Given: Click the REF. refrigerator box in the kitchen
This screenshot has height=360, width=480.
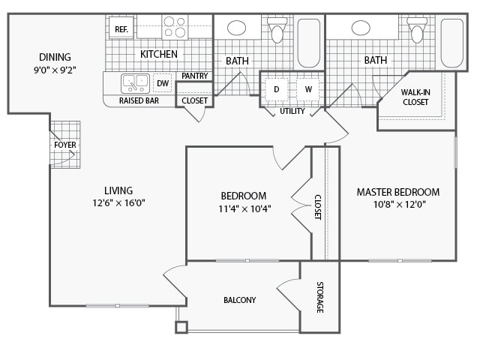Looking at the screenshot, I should pos(121,29).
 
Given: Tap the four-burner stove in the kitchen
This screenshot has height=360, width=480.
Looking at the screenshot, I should pos(175,27).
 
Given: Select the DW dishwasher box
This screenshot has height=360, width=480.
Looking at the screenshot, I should pos(163,83).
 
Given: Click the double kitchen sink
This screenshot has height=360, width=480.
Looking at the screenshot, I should pos(136,82).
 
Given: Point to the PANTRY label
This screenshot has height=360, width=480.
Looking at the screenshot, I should pos(194,76).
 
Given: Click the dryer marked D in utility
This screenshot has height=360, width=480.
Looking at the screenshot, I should pos(276,90).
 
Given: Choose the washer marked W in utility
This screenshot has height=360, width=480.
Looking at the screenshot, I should pos(307,90).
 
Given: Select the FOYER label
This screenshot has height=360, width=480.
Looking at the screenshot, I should pos(64,144).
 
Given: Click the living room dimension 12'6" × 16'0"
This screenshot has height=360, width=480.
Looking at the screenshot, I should pos(118,202).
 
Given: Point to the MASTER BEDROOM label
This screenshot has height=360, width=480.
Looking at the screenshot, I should pos(397,192).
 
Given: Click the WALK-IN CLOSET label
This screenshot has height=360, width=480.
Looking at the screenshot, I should pos(415,97).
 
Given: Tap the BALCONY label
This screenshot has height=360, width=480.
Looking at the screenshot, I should pos(239,300).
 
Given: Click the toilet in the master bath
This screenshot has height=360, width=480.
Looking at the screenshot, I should pos(417,30).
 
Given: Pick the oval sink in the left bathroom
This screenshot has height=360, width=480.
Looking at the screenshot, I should pos(236,28).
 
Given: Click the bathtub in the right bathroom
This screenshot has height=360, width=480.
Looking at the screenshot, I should pos(451,42).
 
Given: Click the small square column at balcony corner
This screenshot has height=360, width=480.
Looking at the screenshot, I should pos(181,327).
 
